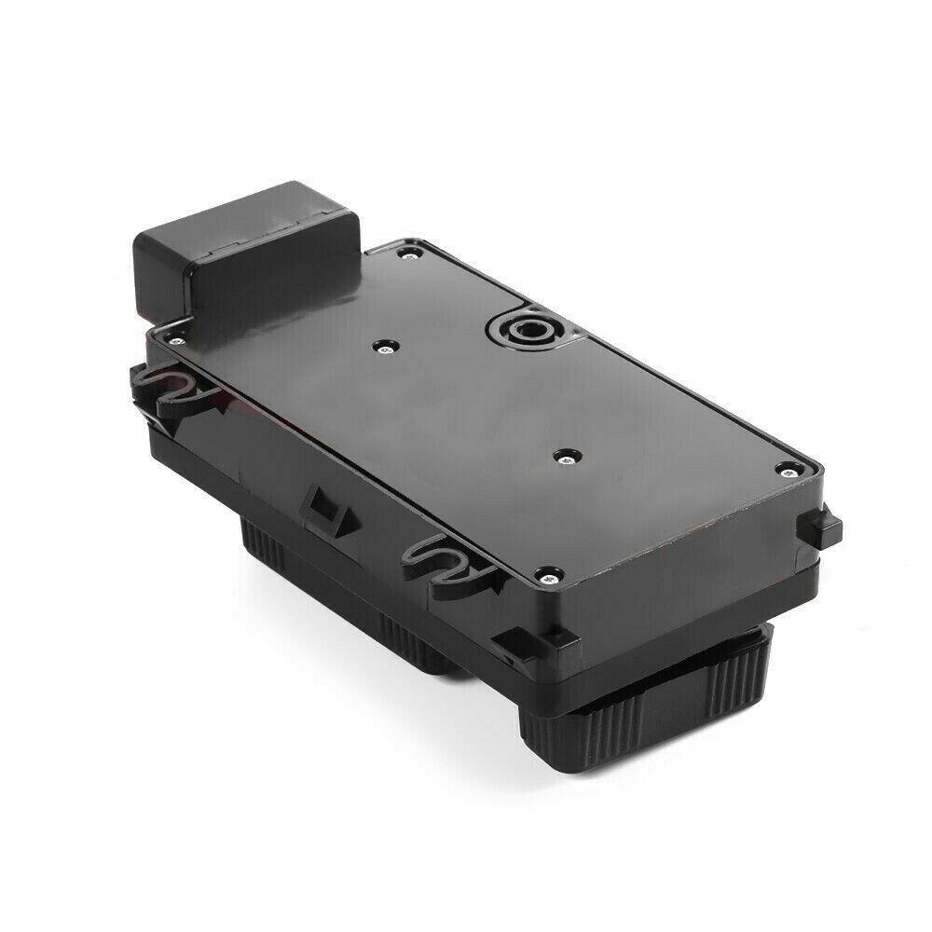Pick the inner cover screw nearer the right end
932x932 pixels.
566,457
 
